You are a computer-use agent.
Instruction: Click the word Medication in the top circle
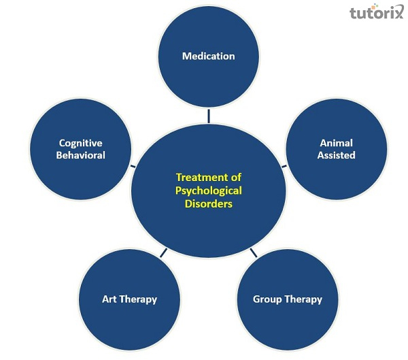coord(208,56)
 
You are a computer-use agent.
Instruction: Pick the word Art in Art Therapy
coord(109,299)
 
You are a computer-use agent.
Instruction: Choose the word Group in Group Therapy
coord(269,299)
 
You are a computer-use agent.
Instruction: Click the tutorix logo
coord(375,12)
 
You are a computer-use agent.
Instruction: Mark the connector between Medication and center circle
coord(209,116)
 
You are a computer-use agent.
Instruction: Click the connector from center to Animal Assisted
coord(284,165)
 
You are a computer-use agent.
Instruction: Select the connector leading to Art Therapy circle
coord(163,253)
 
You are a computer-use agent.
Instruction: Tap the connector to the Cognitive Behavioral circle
coord(133,165)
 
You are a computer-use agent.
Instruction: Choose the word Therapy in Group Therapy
coord(303,299)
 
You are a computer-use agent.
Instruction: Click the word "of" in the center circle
coord(235,178)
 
